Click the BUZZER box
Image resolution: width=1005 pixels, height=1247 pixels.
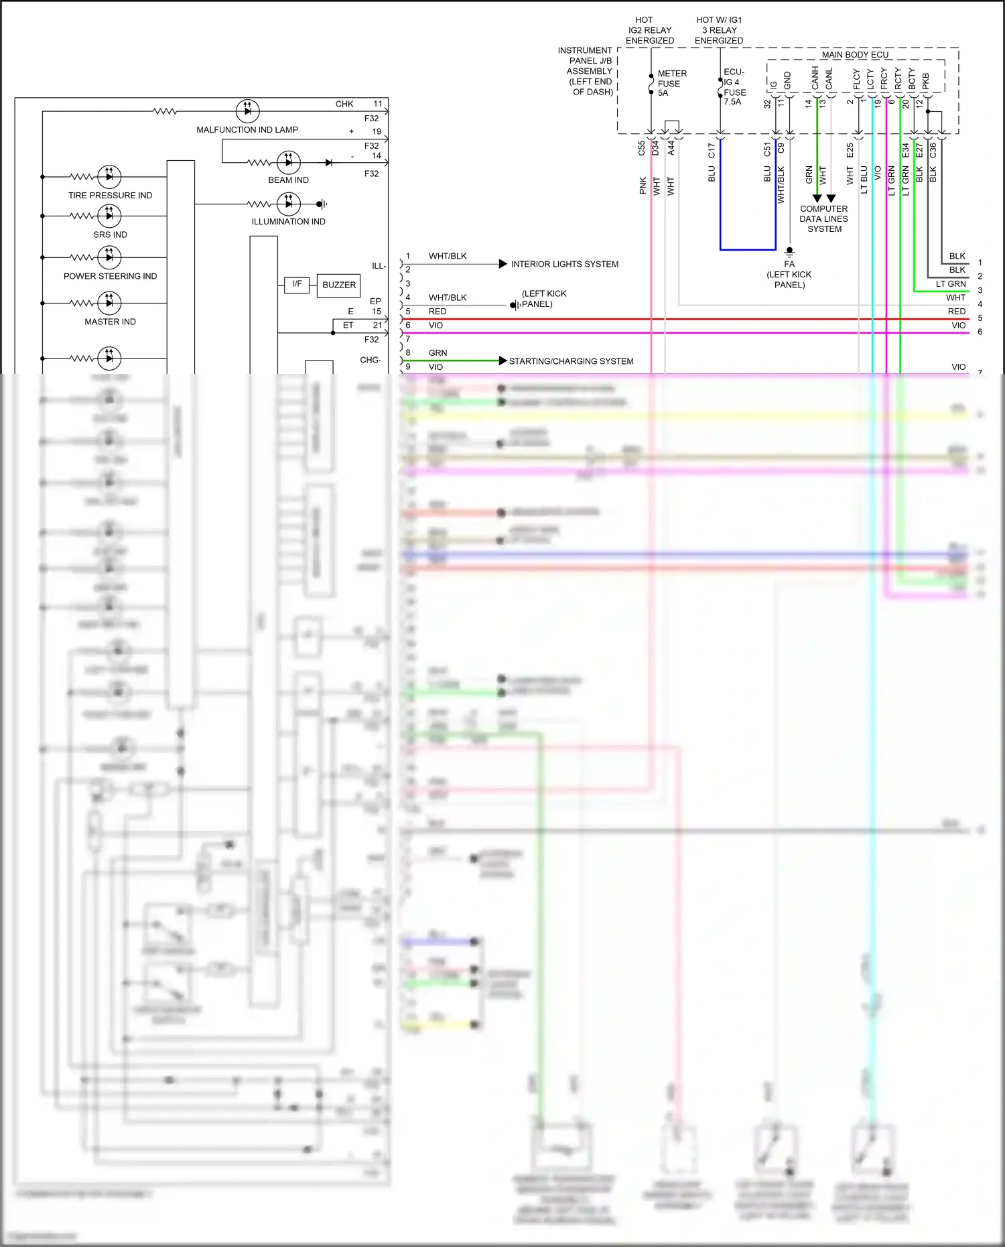(339, 285)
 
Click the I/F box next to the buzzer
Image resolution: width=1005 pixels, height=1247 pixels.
(297, 284)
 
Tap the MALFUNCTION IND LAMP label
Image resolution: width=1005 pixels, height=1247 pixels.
(247, 130)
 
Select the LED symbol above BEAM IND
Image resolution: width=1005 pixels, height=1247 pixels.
(289, 162)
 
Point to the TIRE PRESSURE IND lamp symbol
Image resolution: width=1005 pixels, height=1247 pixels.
(109, 177)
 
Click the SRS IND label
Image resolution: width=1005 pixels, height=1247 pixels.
(110, 235)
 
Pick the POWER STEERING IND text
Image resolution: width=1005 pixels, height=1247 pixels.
(110, 276)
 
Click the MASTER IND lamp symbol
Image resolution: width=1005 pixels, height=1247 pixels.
(109, 303)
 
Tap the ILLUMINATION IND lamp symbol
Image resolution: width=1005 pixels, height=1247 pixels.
(289, 204)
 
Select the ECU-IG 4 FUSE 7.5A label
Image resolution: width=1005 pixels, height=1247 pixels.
(734, 86)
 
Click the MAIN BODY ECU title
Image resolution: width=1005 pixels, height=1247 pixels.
(855, 55)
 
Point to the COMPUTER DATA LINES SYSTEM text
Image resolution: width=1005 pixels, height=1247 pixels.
(823, 219)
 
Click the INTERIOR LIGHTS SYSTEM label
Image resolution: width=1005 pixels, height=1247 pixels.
(564, 264)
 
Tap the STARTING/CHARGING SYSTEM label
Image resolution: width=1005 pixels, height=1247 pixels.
(571, 361)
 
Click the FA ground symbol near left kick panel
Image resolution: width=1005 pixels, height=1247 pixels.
(789, 251)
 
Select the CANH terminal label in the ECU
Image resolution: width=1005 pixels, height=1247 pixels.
(815, 78)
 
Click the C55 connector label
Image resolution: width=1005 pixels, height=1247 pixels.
(641, 148)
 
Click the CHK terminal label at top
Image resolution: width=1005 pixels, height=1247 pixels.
(344, 104)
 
